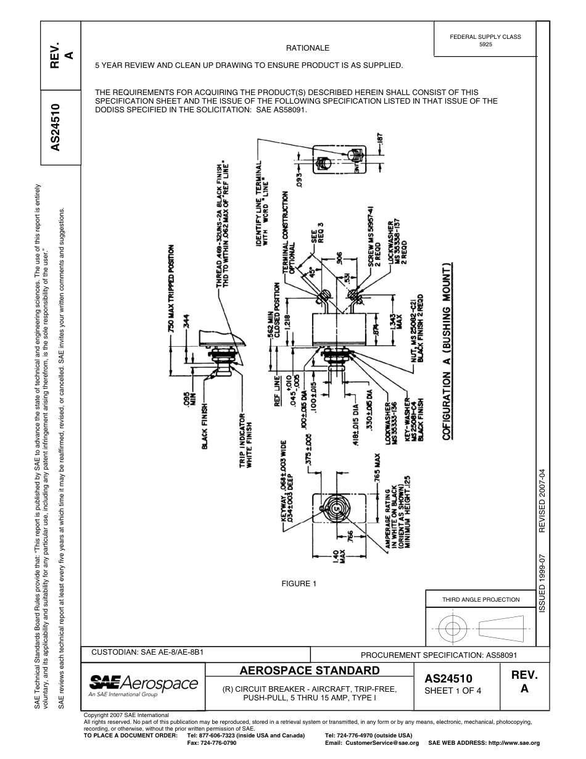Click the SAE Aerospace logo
[x=144, y=685]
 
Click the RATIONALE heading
[x=308, y=48]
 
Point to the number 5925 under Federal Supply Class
[x=485, y=45]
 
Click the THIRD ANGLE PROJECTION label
[x=481, y=599]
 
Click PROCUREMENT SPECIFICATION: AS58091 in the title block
[x=438, y=655]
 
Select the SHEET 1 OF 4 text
[x=453, y=691]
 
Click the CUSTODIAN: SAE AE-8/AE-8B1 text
[x=147, y=652]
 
